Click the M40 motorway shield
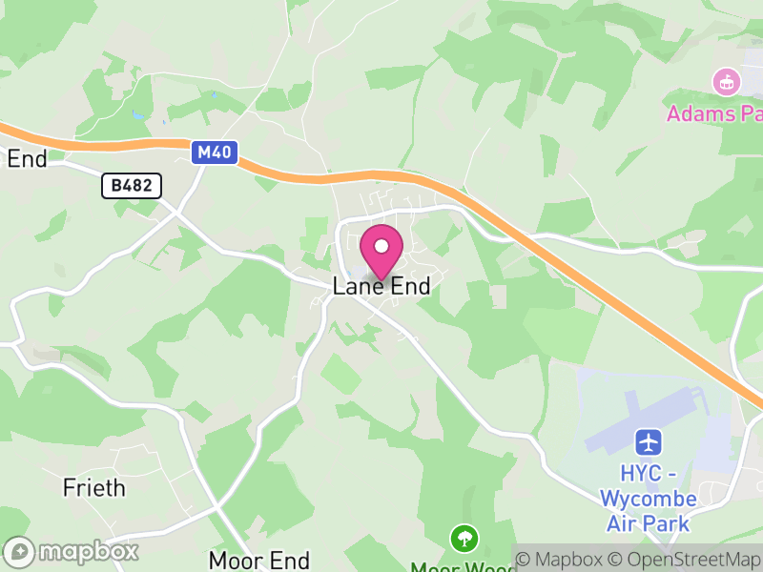214,153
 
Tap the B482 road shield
132,186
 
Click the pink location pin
381,253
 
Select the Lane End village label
381,286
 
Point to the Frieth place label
93,488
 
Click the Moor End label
259,560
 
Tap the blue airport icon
649,442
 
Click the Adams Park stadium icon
727,83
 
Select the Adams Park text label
715,114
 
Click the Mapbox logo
72,552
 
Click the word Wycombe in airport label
648,498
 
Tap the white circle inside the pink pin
381,246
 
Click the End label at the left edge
26,159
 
